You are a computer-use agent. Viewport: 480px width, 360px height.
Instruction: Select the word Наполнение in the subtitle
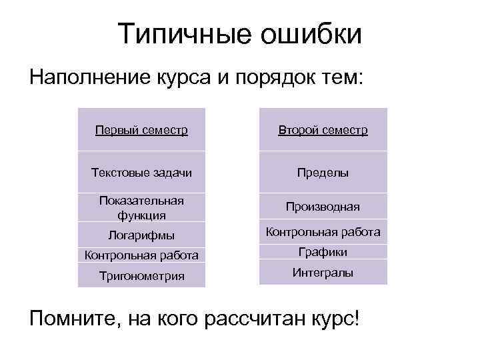[x=91, y=79]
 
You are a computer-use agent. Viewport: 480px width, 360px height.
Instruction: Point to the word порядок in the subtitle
[x=274, y=79]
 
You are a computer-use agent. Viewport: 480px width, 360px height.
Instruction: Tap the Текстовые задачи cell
[x=141, y=173]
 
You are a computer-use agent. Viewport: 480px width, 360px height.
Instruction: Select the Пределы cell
[x=323, y=173]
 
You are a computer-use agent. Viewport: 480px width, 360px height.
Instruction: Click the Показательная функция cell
[x=141, y=207]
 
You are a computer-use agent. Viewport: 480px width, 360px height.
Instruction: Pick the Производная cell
[x=323, y=207]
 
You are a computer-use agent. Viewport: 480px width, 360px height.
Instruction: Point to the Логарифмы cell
[x=141, y=234]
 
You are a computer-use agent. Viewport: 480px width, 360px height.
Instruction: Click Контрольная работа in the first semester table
[x=141, y=255]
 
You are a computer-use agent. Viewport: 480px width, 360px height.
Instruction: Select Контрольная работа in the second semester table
[x=323, y=232]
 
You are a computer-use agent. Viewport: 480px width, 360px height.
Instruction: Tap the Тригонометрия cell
[x=141, y=275]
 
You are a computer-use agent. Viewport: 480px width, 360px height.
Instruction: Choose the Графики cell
[x=323, y=252]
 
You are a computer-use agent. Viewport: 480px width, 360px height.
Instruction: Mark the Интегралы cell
[x=323, y=272]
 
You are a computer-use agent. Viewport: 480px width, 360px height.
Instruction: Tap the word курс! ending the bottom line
[x=333, y=317]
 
